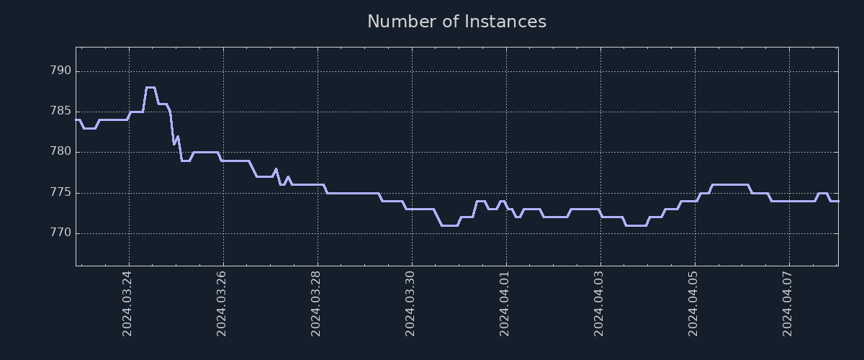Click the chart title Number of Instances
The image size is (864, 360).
[x=456, y=22]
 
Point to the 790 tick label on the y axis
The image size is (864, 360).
[x=60, y=71]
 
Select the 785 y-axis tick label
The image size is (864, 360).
[x=60, y=112]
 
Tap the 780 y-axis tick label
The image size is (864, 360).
[x=60, y=152]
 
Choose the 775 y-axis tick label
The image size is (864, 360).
[x=60, y=193]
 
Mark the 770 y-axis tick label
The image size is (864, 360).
[x=60, y=233]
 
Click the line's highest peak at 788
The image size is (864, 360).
[x=150, y=88]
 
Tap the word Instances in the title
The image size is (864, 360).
[x=505, y=22]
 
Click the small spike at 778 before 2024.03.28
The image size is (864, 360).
[x=276, y=169]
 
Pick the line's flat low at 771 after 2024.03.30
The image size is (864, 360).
[x=449, y=225]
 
